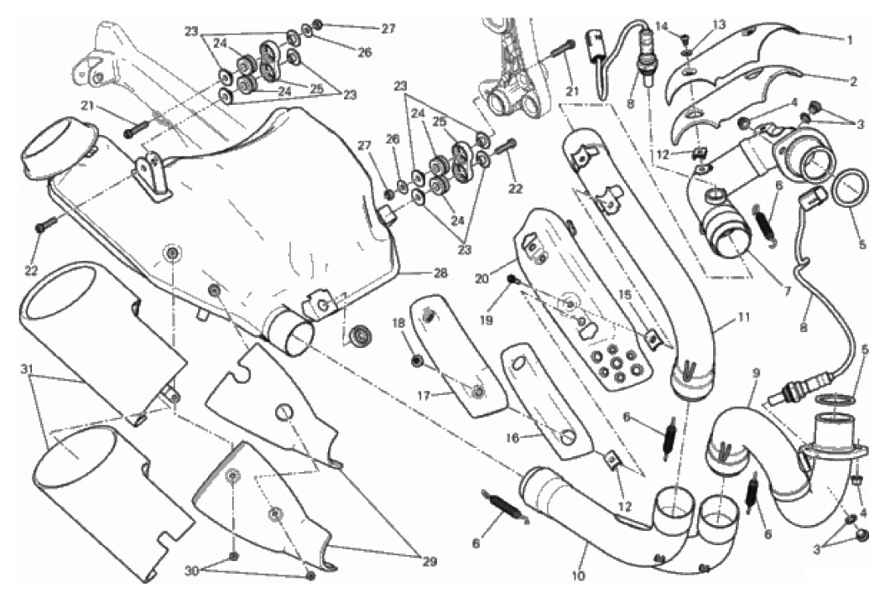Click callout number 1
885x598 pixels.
coord(849,40)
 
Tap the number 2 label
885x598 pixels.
coord(853,82)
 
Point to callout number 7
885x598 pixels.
coord(787,292)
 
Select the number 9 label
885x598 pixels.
coord(757,373)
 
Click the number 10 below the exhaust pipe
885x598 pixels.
coord(578,576)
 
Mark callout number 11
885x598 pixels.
coord(744,318)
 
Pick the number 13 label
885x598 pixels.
coord(719,25)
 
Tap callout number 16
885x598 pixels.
coord(512,438)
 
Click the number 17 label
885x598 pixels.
coord(424,396)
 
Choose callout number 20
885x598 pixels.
coord(482,278)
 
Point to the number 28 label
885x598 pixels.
coord(440,273)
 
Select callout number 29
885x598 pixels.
coord(429,561)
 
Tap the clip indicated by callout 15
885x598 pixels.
coord(653,339)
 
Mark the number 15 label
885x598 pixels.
coord(625,294)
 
